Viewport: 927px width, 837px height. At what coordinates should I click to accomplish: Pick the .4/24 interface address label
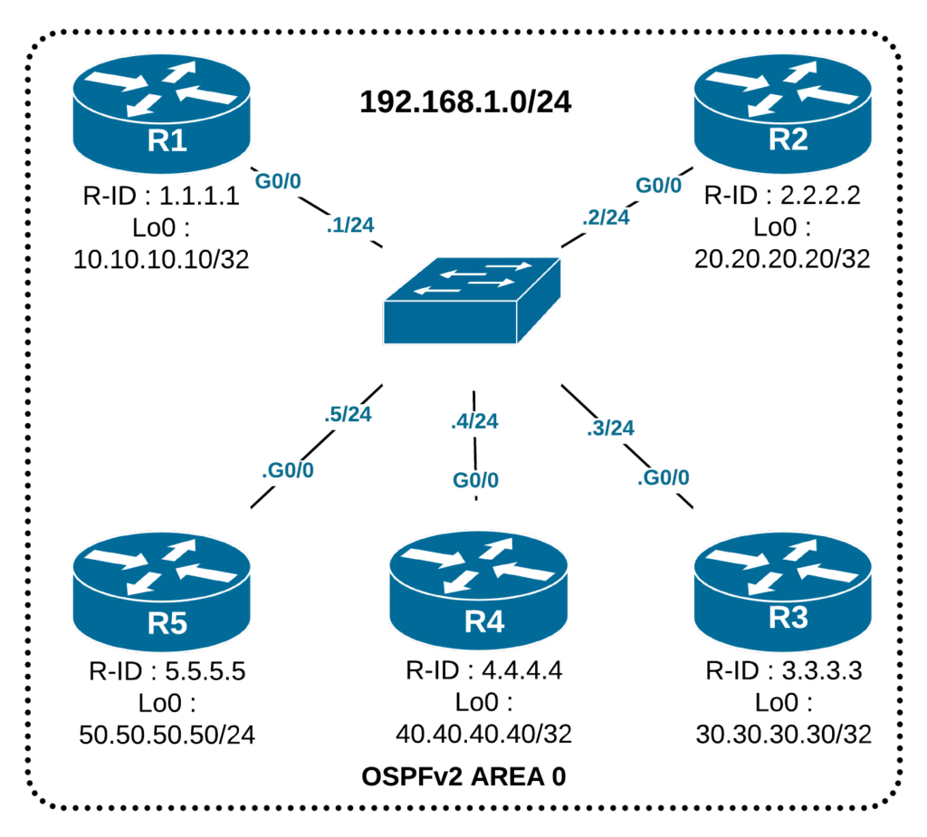tap(473, 420)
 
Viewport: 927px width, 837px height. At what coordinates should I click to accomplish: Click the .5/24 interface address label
tap(348, 415)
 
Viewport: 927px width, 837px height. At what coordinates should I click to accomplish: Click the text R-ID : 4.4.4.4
tap(484, 671)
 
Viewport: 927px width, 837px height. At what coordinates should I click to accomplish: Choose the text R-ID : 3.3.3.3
tap(784, 671)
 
